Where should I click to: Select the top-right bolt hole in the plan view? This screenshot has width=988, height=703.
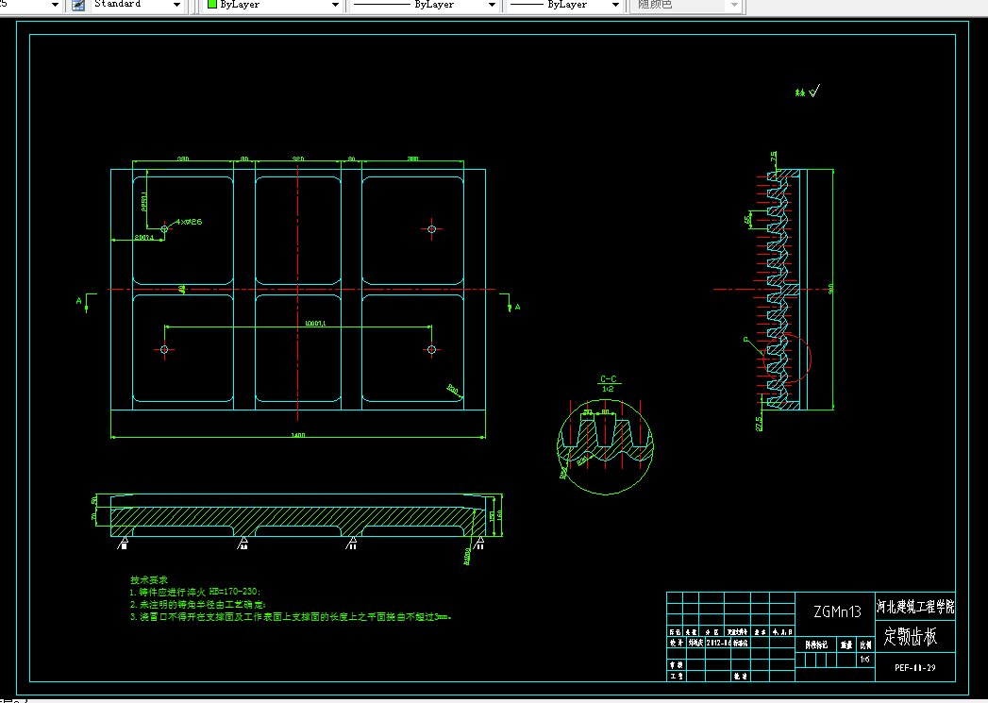432,229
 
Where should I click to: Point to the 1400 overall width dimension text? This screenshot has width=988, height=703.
298,435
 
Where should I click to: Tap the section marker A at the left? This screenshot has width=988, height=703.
80,301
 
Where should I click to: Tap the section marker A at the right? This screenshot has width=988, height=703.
517,307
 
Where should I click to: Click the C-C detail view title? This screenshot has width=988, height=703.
609,379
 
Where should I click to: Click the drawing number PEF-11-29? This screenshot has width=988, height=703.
914,667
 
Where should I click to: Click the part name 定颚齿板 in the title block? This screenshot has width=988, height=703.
911,637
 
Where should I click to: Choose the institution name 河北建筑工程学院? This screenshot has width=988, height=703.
914,606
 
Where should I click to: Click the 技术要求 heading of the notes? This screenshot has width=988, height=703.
148,579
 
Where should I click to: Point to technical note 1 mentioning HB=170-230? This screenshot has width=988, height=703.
193,592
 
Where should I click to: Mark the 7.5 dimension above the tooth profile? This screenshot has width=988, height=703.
774,157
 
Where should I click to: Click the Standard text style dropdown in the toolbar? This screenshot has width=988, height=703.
138,5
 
